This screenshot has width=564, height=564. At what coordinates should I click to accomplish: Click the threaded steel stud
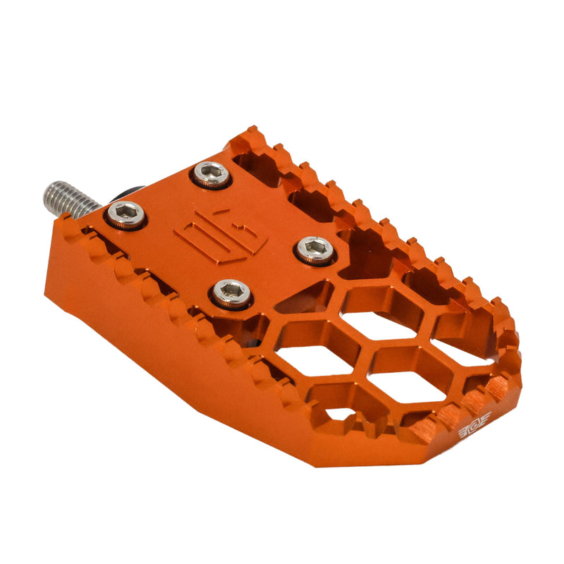[71, 196]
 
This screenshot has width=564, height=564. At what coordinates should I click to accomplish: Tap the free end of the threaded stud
[49, 190]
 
